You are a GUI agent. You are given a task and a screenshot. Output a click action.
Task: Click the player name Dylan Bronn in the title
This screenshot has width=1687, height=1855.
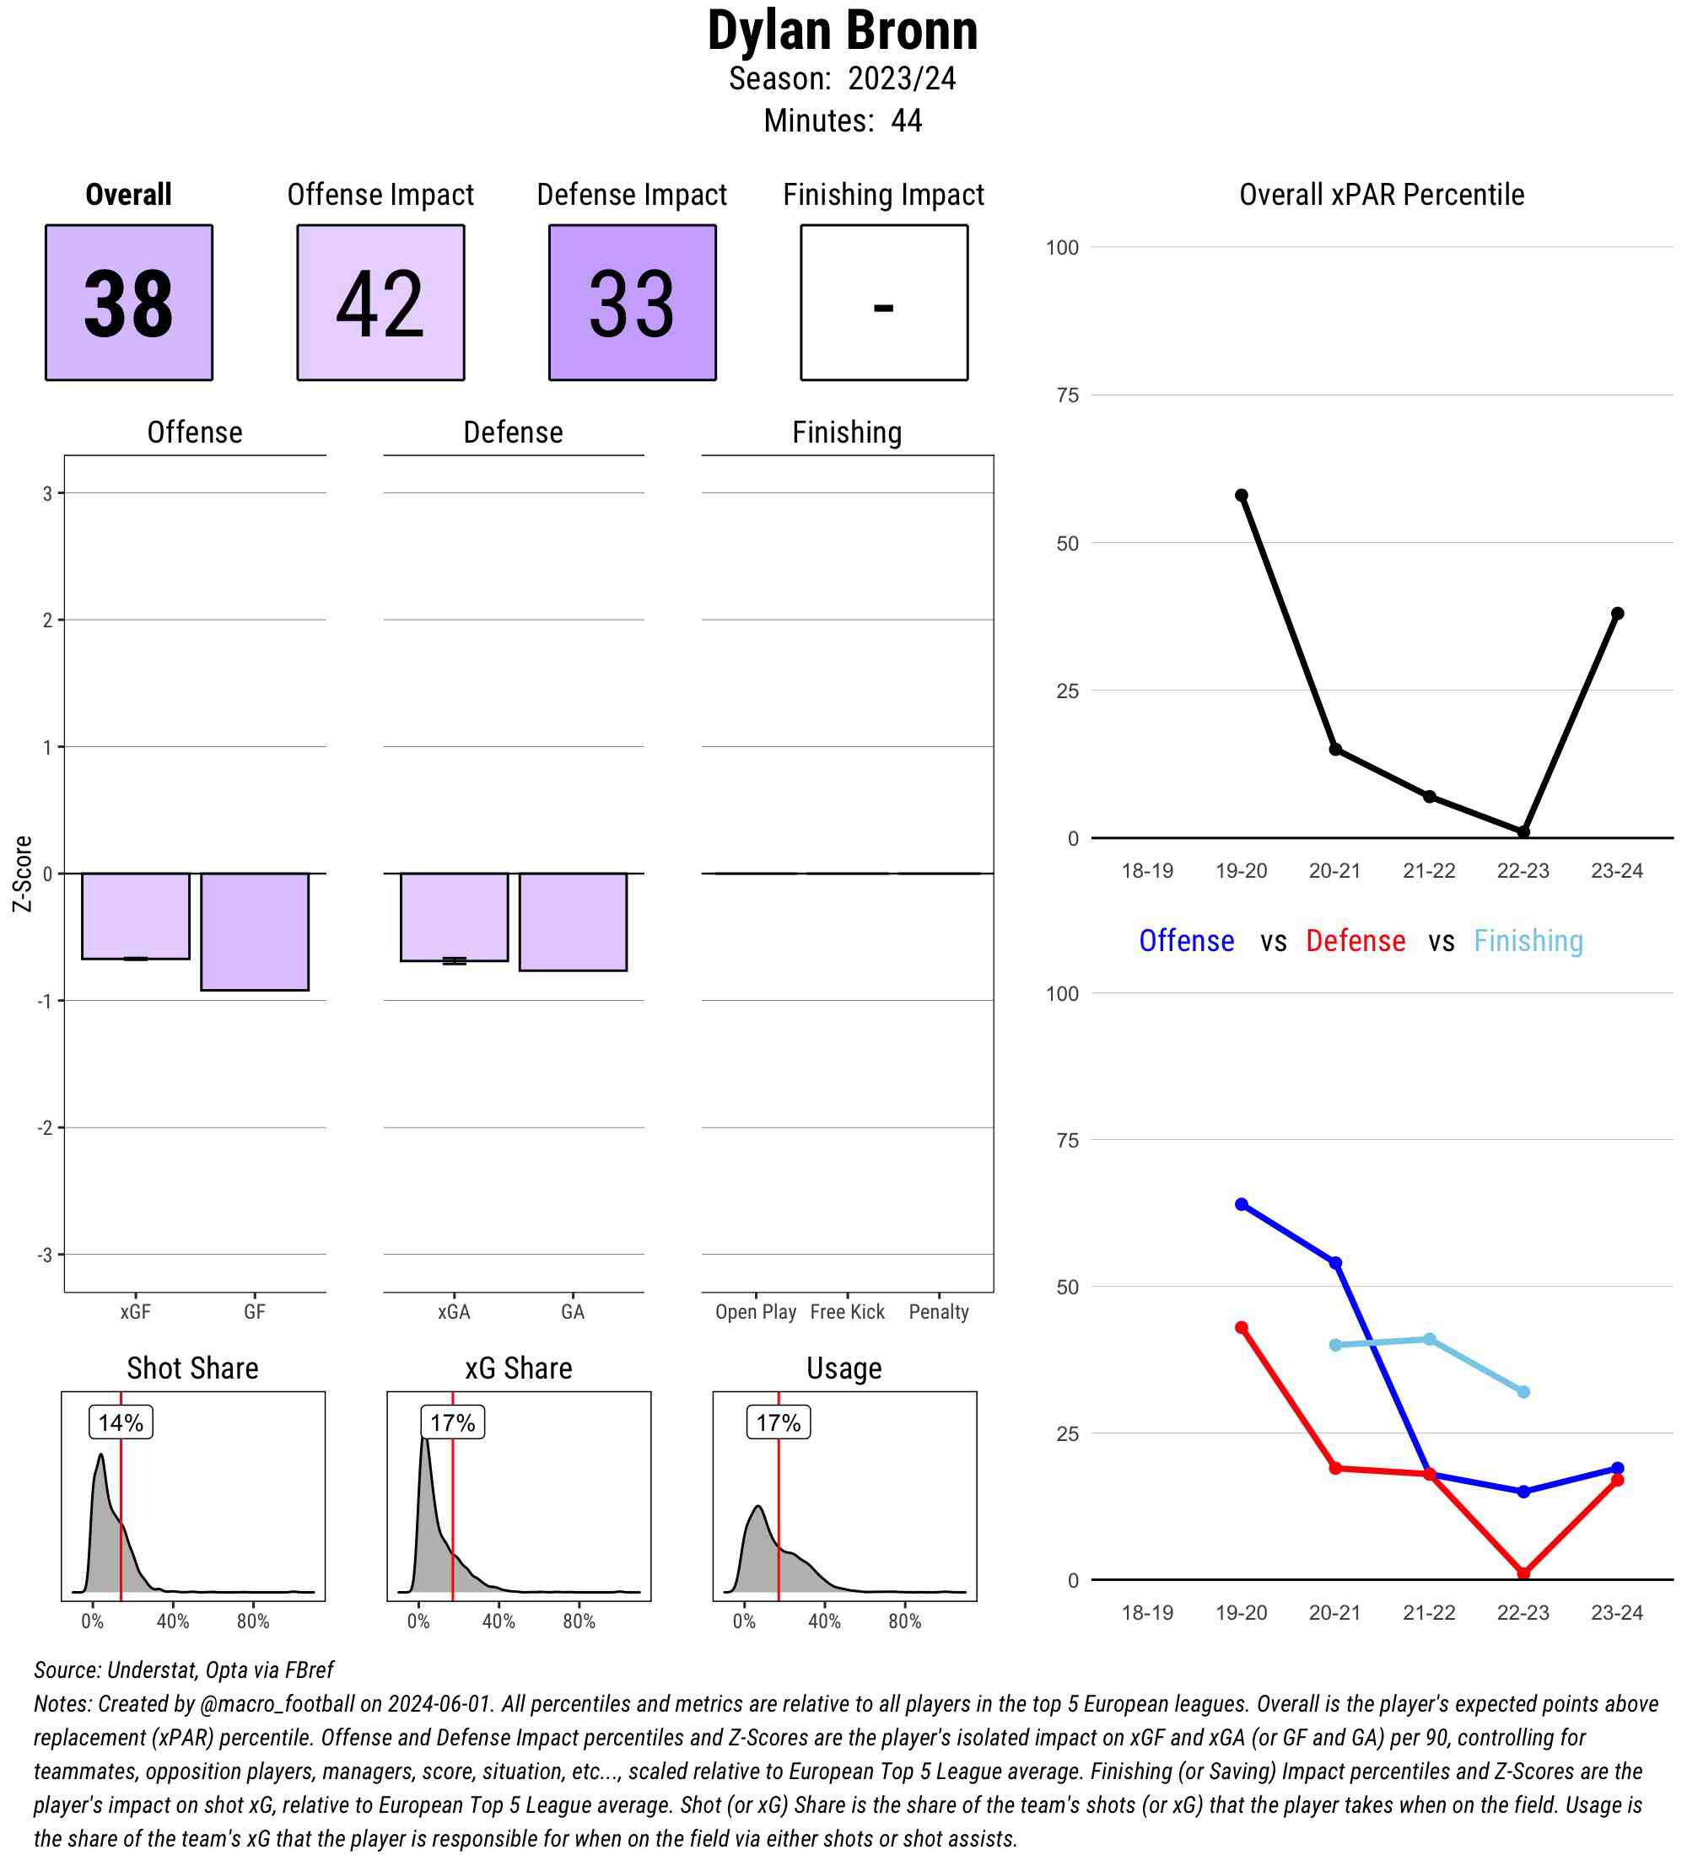coord(842,31)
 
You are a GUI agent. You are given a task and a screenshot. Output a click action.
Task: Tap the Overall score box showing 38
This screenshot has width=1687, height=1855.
coord(129,302)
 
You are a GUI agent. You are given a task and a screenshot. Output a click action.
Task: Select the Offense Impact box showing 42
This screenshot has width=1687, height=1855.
coord(380,302)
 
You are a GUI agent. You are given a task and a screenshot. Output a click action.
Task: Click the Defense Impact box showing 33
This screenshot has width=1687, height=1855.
coord(633,302)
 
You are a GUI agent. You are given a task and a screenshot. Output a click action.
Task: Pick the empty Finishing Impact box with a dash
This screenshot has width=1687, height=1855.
coord(883,302)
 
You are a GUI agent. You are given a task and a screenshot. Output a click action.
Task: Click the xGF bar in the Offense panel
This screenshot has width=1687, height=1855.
coord(135,916)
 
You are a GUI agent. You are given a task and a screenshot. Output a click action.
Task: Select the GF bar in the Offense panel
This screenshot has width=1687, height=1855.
coord(255,931)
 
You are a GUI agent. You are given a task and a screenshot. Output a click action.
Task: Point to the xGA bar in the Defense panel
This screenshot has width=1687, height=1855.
coord(454,917)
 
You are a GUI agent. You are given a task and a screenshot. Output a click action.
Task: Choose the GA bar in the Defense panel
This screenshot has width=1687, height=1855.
coord(573,921)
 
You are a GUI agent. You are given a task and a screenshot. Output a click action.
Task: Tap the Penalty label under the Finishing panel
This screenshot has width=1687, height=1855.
coord(939,1311)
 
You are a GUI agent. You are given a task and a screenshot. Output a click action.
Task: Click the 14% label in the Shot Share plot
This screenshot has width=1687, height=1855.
coord(121,1422)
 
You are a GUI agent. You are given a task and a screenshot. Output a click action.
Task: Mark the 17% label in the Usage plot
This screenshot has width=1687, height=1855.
coord(778,1422)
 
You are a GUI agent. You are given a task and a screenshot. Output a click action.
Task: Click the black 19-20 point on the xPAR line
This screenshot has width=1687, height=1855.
coord(1242,495)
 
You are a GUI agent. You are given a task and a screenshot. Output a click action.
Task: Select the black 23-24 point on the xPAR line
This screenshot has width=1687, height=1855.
coord(1617,614)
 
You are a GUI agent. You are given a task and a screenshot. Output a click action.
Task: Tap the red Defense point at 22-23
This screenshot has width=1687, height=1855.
coord(1523,1573)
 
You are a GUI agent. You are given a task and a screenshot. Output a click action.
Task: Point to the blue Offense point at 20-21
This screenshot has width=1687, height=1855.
coord(1335,1263)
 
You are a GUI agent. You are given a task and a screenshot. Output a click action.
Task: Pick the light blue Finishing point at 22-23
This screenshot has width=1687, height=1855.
coord(1523,1392)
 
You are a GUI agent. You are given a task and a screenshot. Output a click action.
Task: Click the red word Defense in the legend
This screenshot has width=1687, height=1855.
coord(1355,940)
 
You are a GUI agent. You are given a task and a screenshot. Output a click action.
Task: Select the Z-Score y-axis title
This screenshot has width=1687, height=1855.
coord(23,874)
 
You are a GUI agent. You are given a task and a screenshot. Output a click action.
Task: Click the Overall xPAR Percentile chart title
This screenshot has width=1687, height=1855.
coord(1382,195)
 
